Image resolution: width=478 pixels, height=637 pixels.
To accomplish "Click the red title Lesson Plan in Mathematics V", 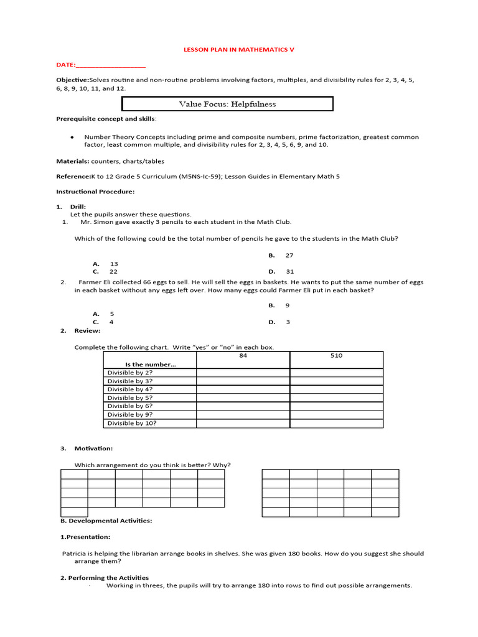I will click(x=238, y=49).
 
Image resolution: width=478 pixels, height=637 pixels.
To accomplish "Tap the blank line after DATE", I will click(x=110, y=65).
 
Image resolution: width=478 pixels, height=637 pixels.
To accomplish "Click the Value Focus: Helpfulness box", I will click(x=227, y=104).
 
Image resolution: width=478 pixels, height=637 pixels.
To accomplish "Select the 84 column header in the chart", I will click(x=243, y=356).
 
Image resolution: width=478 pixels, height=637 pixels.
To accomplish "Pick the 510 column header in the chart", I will click(x=336, y=356).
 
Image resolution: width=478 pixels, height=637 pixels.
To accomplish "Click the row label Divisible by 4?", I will click(x=130, y=389).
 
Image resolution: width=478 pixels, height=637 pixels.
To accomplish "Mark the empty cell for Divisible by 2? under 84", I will click(x=243, y=373).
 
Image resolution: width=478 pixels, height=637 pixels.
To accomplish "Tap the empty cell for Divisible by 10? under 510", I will click(x=336, y=423).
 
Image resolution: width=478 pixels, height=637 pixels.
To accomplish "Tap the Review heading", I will click(x=87, y=331).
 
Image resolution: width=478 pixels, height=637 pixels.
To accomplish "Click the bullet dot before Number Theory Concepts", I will click(x=73, y=137).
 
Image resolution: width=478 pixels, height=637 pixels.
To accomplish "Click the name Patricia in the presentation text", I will click(x=77, y=553).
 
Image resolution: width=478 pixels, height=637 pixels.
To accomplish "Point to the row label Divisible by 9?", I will click(x=130, y=414).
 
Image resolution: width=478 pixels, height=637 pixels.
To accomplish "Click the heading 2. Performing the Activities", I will click(x=105, y=578).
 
